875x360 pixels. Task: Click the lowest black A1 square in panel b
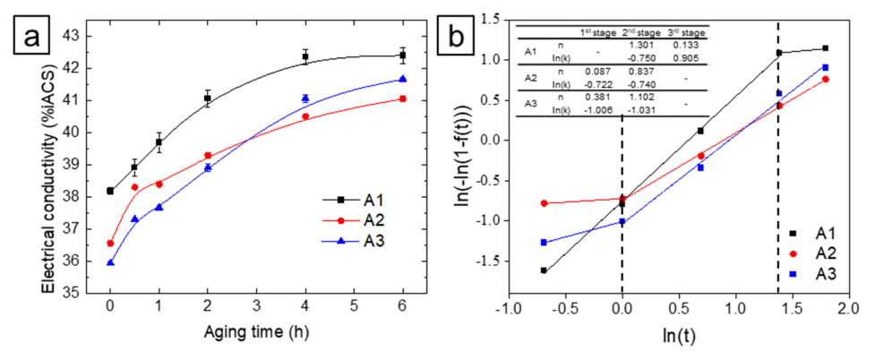[x=544, y=270]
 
